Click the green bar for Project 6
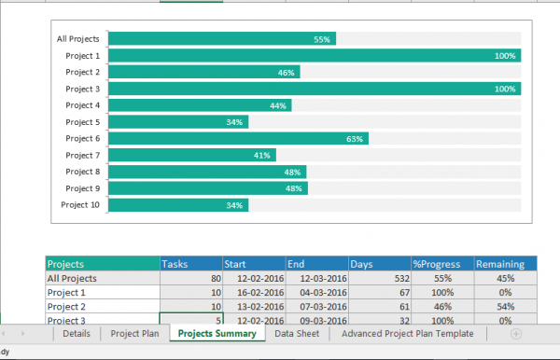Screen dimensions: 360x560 pos(238,138)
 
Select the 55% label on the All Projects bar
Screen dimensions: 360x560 pos(322,39)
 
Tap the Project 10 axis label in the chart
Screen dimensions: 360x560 pos(80,205)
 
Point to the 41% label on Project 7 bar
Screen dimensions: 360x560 pos(262,156)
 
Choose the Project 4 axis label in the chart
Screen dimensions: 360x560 pos(82,105)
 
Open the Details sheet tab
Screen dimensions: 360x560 pos(77,333)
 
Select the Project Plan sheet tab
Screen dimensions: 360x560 pos(134,333)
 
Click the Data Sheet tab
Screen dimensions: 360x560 pos(297,333)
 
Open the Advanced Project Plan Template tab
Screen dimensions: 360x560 pos(408,333)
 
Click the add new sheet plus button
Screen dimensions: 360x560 pos(516,333)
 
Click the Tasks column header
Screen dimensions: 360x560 pos(190,264)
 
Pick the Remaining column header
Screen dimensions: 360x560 pos(505,264)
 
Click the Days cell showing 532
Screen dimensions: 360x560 pos(379,278)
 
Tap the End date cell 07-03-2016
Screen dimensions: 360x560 pos(316,306)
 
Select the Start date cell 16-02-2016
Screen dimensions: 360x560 pos(253,292)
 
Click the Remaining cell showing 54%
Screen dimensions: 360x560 pos(505,306)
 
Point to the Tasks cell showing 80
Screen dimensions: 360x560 pos(190,278)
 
